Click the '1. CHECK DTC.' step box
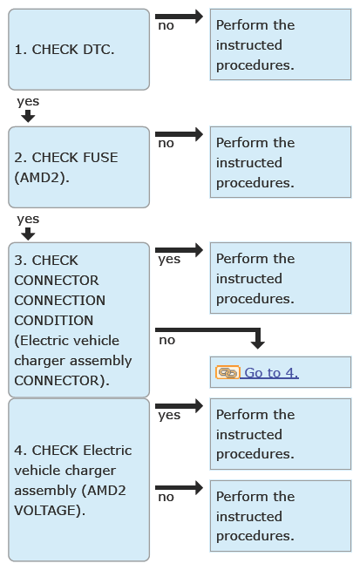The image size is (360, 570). pyautogui.click(x=79, y=50)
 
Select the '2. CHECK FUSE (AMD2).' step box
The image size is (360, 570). pyautogui.click(x=79, y=167)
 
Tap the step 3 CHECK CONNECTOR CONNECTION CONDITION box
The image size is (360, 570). pyautogui.click(x=79, y=320)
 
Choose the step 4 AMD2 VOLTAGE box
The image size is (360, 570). pyautogui.click(x=79, y=480)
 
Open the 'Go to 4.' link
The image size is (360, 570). pyautogui.click(x=271, y=373)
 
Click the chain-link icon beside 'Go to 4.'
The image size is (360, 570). pyautogui.click(x=228, y=373)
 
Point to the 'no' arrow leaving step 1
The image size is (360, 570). pyautogui.click(x=179, y=17)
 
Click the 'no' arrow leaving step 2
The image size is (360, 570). pyautogui.click(x=179, y=134)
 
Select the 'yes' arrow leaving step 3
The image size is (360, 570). pyautogui.click(x=179, y=250)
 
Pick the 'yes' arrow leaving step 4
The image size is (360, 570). pyautogui.click(x=179, y=405)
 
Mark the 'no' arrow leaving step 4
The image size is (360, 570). pyautogui.click(x=179, y=488)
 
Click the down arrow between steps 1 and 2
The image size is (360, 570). pyautogui.click(x=28, y=116)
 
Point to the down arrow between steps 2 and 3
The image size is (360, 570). pyautogui.click(x=28, y=234)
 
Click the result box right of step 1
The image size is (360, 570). pyautogui.click(x=281, y=44)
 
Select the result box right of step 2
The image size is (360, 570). pyautogui.click(x=281, y=162)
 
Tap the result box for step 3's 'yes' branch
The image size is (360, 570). pyautogui.click(x=281, y=278)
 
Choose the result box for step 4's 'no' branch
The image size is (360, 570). pyautogui.click(x=281, y=516)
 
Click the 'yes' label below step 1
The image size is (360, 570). pyautogui.click(x=28, y=102)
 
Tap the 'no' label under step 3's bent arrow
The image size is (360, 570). pyautogui.click(x=167, y=340)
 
